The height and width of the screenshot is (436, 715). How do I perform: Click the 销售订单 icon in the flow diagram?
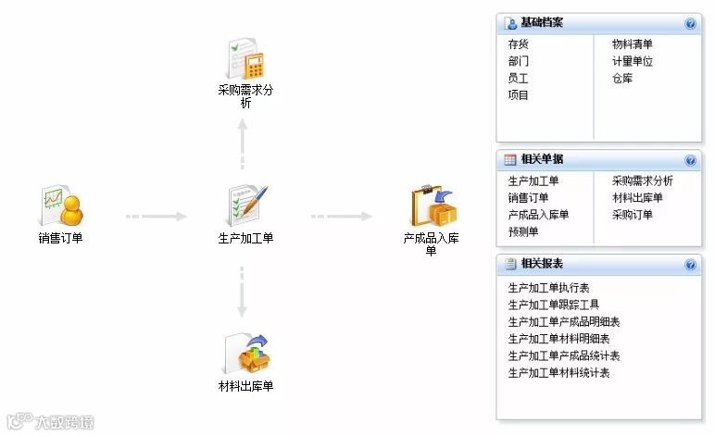[x=62, y=206]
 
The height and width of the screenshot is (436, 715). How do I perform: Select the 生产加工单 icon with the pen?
[x=246, y=206]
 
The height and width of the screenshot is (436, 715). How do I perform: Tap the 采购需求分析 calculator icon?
[x=246, y=58]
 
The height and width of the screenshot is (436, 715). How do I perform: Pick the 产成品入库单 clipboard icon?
[x=432, y=206]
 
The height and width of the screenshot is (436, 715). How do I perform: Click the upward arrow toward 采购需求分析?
[x=243, y=143]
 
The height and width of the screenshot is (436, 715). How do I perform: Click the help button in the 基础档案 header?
[x=690, y=23]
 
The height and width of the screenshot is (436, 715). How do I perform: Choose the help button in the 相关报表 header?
[x=690, y=265]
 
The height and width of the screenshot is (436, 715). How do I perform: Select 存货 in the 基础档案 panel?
[x=519, y=44]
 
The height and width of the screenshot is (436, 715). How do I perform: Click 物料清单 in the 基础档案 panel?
[x=632, y=44]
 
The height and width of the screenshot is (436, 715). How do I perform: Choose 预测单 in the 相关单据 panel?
[x=523, y=232]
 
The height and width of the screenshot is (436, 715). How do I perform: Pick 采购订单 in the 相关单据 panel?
[x=632, y=215]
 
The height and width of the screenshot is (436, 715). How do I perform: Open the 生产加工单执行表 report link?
[x=548, y=289]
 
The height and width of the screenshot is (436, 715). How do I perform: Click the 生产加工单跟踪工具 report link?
[x=553, y=305]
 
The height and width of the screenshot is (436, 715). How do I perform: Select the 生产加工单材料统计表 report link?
[x=558, y=373]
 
